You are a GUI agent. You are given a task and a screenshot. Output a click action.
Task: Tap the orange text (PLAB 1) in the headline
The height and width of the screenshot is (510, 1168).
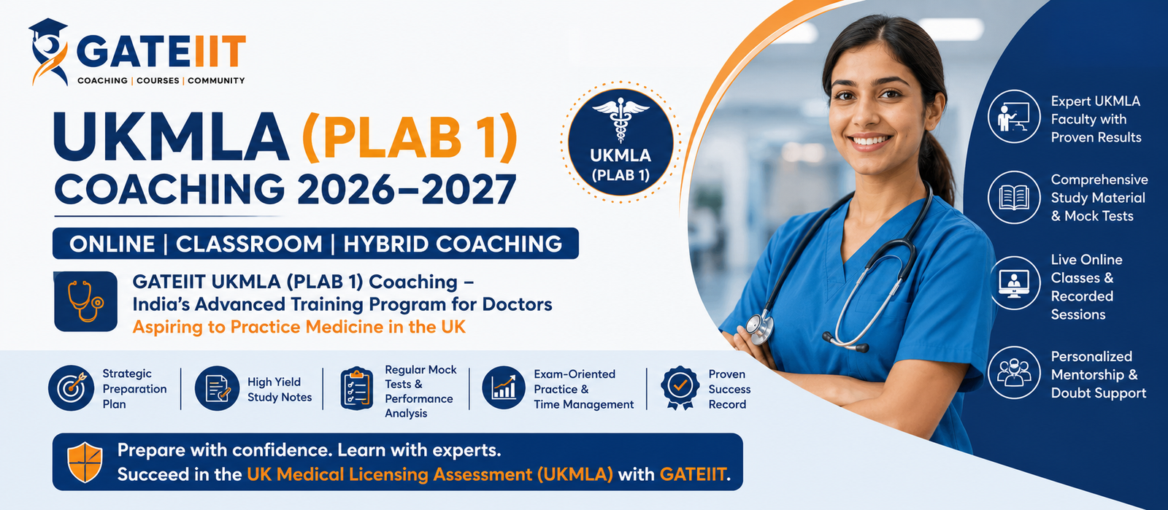pyautogui.click(x=410, y=136)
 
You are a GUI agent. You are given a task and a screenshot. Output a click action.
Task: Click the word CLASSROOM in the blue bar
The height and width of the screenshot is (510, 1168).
pyautogui.click(x=249, y=244)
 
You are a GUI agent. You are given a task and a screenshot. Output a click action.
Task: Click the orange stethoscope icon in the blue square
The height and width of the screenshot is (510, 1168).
pyautogui.click(x=85, y=301)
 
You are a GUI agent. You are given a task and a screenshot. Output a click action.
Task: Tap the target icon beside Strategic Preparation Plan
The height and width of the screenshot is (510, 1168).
pyautogui.click(x=72, y=388)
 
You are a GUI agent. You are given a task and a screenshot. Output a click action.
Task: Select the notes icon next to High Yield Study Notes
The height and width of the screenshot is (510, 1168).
pyautogui.click(x=218, y=388)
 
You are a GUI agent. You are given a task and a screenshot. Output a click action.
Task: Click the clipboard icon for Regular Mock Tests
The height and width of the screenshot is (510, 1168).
pyautogui.click(x=357, y=389)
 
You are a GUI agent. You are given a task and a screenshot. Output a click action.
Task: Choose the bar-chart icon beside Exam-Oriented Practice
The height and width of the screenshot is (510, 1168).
pyautogui.click(x=504, y=388)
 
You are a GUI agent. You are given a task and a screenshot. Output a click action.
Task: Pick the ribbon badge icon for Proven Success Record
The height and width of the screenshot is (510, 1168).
pyautogui.click(x=680, y=387)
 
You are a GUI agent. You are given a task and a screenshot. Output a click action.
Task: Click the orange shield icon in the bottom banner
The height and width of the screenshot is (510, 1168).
pyautogui.click(x=85, y=463)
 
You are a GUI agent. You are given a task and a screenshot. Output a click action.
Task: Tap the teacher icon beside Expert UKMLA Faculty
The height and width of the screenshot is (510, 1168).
pyautogui.click(x=1014, y=116)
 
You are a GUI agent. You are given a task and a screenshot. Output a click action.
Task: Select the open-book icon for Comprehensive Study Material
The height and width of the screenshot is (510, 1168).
pyautogui.click(x=1014, y=198)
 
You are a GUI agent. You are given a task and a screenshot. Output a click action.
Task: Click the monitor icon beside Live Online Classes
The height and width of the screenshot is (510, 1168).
pyautogui.click(x=1014, y=283)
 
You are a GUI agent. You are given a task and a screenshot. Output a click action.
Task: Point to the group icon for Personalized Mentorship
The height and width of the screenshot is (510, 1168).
pyautogui.click(x=1014, y=373)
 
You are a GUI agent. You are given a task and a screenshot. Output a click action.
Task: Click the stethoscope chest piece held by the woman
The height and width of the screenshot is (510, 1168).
pyautogui.click(x=760, y=328)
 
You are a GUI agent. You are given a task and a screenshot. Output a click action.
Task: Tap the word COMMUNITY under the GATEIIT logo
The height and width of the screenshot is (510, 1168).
pyautogui.click(x=216, y=81)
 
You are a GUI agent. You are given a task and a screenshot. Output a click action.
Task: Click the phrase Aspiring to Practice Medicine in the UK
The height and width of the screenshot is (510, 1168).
pyautogui.click(x=299, y=327)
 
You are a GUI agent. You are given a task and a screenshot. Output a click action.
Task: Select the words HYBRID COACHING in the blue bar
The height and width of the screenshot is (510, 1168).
pyautogui.click(x=453, y=244)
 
